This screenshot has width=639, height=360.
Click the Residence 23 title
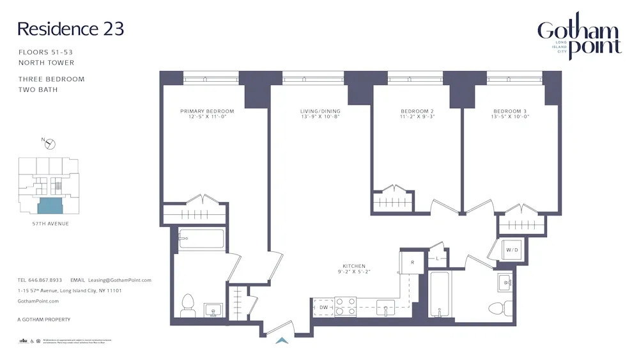[x=70, y=29]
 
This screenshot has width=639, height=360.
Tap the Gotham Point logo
[x=579, y=37]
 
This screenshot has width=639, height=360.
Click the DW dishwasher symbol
[x=323, y=308]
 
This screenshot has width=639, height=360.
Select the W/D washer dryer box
[x=512, y=250]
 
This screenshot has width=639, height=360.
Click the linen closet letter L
[x=437, y=258]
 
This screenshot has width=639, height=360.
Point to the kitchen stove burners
[x=346, y=306]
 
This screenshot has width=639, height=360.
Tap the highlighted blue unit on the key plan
[x=50, y=206]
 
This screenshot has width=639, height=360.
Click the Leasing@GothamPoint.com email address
[x=119, y=280]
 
